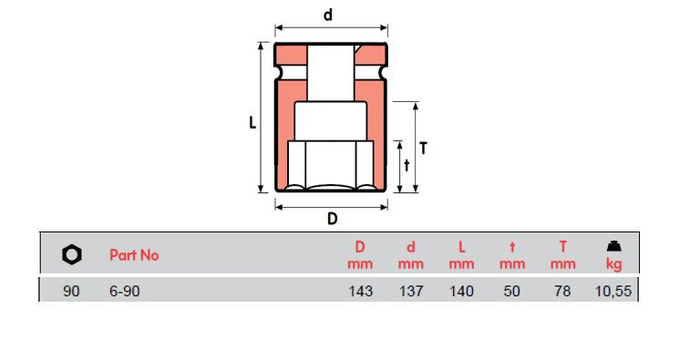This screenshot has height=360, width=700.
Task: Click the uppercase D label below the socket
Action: click(333, 219)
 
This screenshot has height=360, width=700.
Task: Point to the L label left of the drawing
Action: click(253, 121)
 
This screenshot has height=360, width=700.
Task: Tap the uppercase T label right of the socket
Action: click(423, 148)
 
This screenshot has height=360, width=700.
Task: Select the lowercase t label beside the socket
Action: click(407, 165)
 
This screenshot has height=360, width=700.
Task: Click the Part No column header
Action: click(134, 255)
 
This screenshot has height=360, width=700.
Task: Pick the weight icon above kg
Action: click(614, 246)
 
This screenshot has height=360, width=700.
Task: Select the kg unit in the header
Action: click(614, 264)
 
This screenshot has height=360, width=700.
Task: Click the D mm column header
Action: click(360, 255)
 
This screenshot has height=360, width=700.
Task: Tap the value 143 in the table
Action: click(360, 292)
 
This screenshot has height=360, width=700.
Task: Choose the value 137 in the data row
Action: click(411, 292)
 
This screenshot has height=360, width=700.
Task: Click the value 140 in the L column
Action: click(462, 292)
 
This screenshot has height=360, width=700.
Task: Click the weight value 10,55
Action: click(613, 292)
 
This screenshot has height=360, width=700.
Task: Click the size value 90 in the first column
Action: click(72, 292)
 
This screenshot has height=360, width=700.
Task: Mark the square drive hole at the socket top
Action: click(331, 68)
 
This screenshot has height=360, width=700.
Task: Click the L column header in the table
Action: click(462, 255)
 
